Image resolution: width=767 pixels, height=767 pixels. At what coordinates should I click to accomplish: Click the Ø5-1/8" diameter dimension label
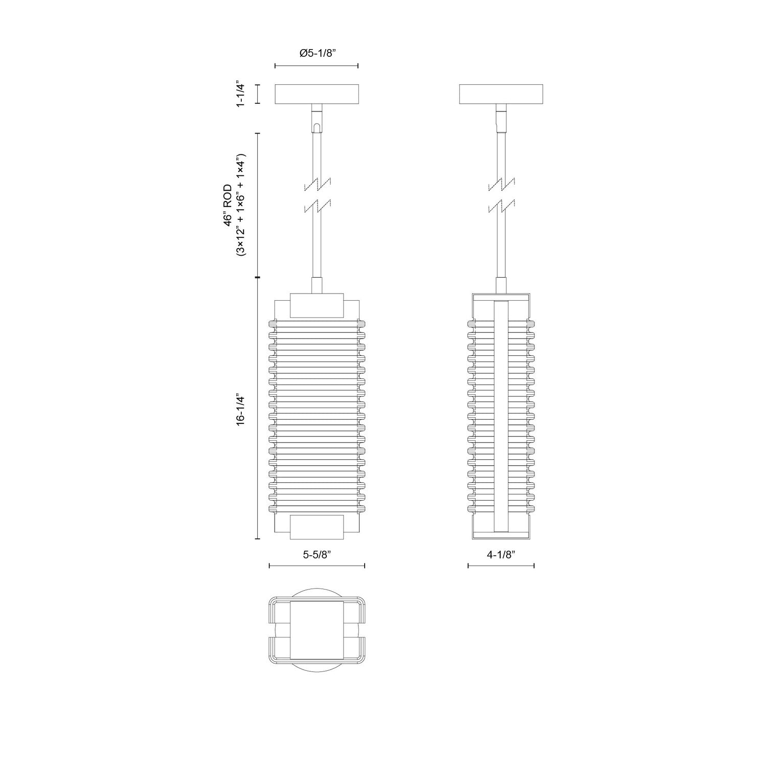click(317, 53)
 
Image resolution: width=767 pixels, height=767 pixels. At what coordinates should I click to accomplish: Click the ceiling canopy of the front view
click(317, 94)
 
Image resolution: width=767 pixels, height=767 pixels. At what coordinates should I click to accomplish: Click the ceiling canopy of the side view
click(501, 94)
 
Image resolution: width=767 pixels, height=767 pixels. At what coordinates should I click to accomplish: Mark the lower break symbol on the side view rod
click(502, 207)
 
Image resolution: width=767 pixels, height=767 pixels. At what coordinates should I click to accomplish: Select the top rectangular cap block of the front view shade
click(317, 305)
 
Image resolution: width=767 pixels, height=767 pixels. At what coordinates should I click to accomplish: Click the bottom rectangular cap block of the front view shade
click(317, 527)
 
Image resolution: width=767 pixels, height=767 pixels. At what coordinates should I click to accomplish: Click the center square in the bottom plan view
click(317, 630)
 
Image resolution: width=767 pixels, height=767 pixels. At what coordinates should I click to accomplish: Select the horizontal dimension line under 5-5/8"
click(317, 566)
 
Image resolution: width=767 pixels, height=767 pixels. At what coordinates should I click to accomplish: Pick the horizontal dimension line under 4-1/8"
click(501, 566)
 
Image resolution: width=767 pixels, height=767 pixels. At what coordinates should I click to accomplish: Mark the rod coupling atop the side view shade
click(502, 285)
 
